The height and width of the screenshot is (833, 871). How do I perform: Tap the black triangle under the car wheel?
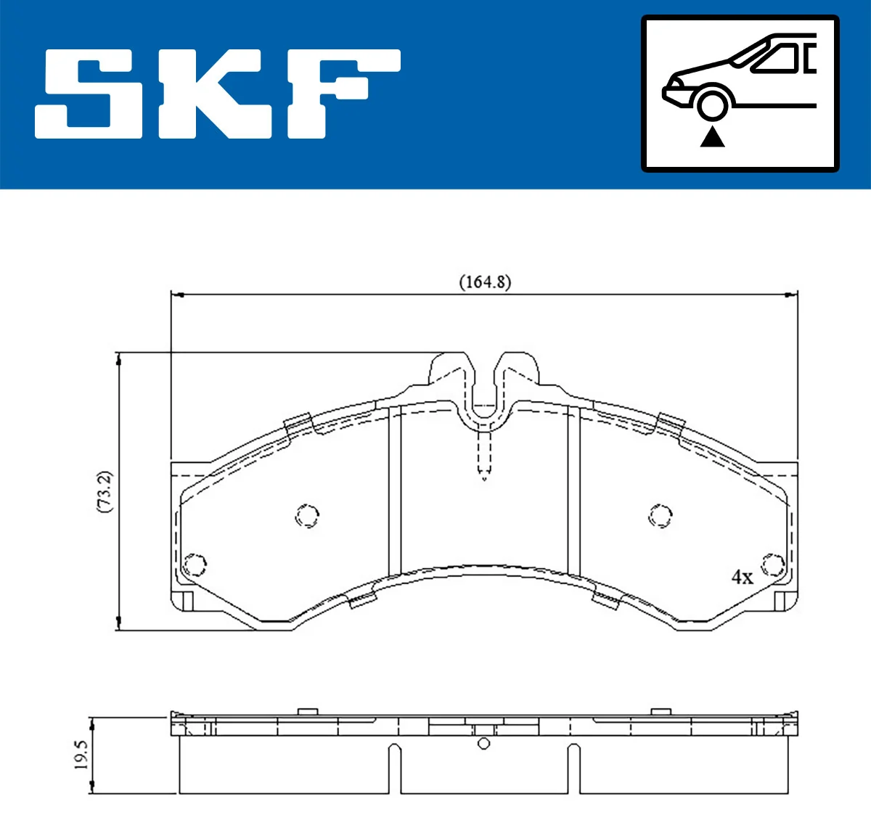click(712, 136)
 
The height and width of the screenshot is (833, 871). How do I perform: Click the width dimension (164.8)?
click(485, 282)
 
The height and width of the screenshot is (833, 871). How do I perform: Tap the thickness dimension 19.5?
click(81, 755)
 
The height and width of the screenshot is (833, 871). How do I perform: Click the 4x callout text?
click(742, 577)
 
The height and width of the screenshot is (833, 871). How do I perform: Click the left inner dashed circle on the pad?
click(308, 516)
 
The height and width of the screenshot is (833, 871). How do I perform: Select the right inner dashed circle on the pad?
click(660, 516)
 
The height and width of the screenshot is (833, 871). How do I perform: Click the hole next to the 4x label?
click(772, 565)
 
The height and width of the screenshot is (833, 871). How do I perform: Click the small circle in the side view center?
click(484, 744)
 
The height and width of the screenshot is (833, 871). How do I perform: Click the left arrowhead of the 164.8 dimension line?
click(176, 295)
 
